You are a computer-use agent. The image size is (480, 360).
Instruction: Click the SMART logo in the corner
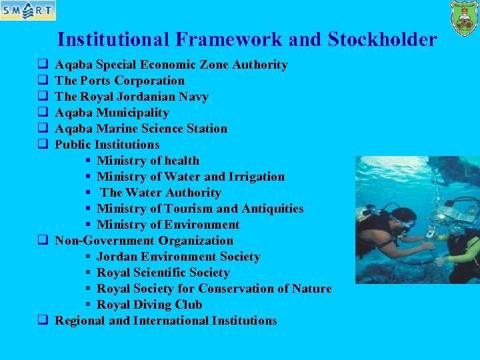[28, 11]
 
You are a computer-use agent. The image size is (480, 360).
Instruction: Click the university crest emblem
[464, 18]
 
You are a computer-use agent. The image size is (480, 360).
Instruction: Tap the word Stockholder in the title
[383, 40]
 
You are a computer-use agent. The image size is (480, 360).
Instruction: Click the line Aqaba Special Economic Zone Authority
[171, 65]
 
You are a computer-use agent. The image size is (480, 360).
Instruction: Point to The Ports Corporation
[120, 81]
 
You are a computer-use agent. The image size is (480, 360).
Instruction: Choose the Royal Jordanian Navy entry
[132, 97]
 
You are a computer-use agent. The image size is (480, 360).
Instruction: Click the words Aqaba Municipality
[112, 113]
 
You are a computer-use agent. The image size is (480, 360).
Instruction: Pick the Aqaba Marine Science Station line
[141, 129]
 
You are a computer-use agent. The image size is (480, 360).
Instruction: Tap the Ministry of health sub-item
[148, 161]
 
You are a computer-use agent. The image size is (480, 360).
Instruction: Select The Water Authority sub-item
[161, 193]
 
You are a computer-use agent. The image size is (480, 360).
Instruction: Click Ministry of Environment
[168, 225]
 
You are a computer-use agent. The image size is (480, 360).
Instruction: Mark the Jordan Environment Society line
[179, 257]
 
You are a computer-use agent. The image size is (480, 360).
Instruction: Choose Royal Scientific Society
[163, 273]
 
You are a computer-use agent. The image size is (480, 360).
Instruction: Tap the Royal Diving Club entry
[149, 305]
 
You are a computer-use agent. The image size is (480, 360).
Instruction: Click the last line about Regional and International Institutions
[166, 321]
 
